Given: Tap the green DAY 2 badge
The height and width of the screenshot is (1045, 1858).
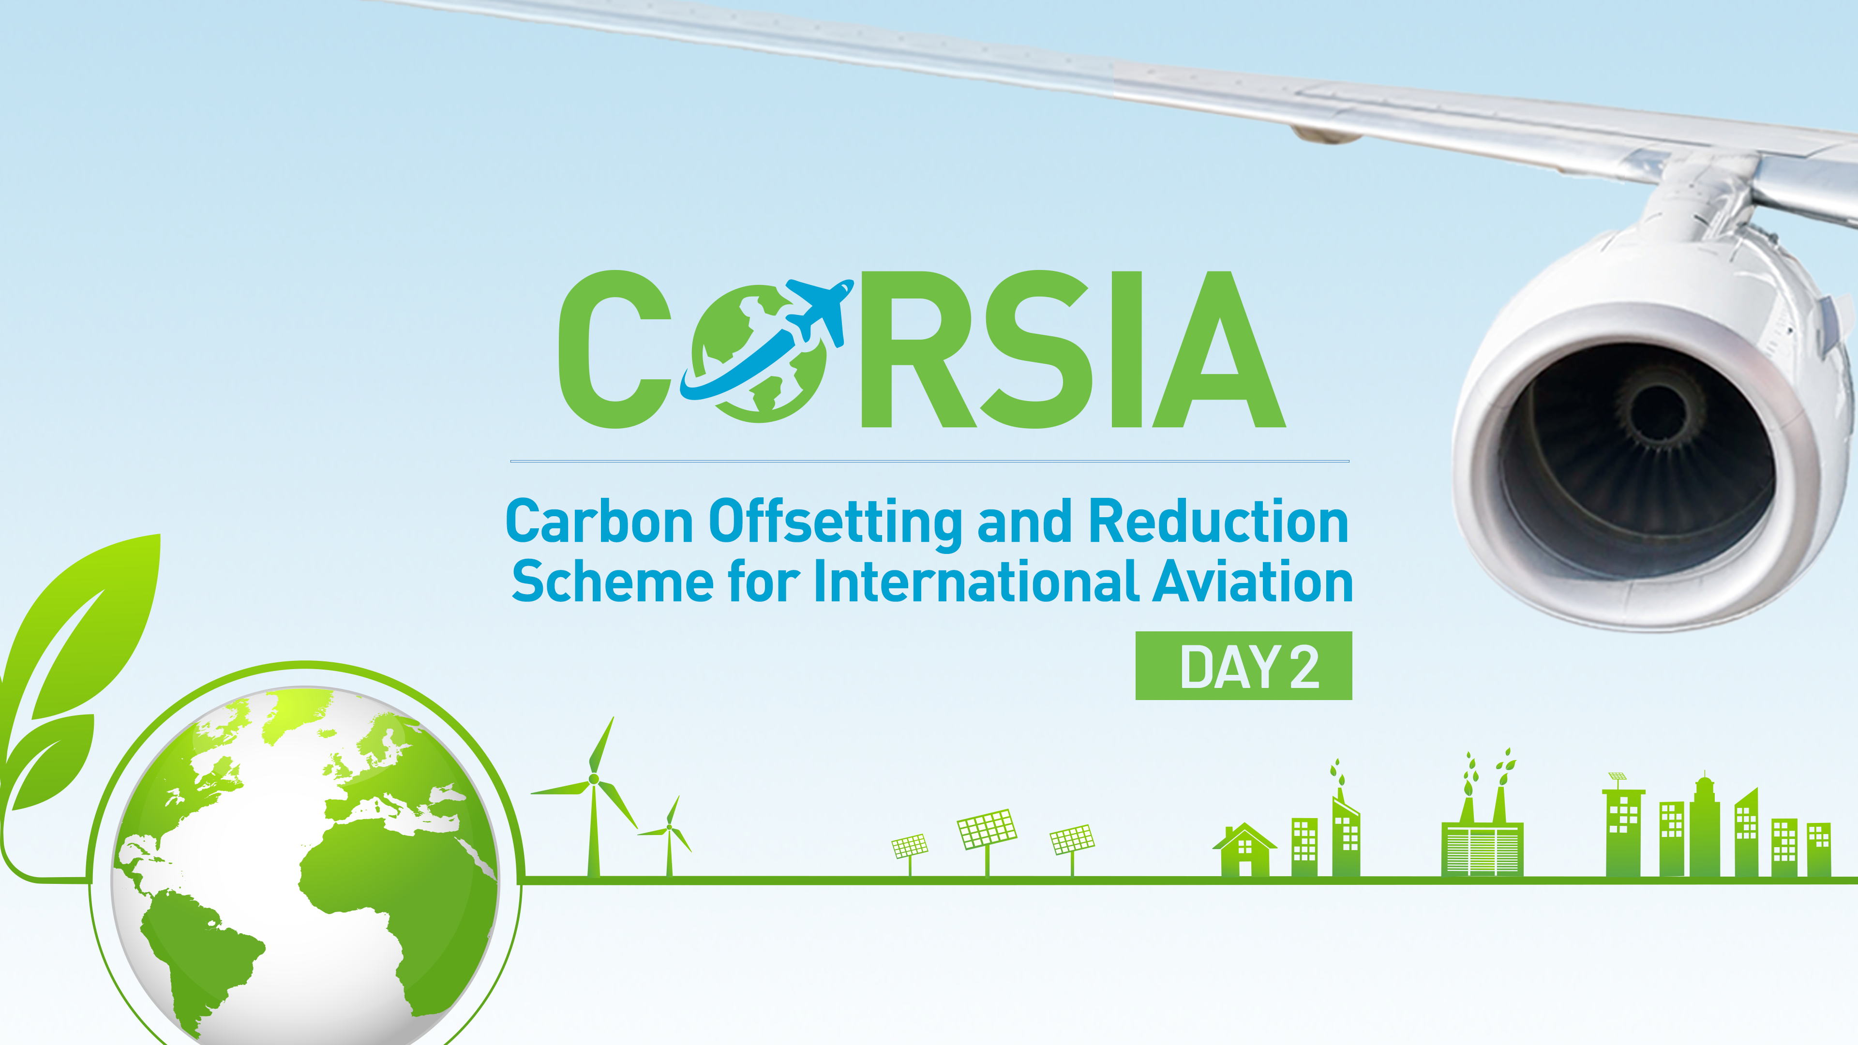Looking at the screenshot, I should click(x=1244, y=666).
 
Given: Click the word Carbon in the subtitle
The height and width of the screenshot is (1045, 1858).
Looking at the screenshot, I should click(x=599, y=522).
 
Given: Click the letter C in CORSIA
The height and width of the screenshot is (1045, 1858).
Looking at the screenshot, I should click(x=613, y=350).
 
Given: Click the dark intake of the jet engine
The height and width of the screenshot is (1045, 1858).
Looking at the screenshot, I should click(x=1637, y=462).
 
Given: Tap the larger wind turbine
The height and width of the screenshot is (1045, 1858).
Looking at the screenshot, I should click(x=594, y=793).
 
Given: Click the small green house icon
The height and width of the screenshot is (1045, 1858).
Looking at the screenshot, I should click(x=1244, y=851).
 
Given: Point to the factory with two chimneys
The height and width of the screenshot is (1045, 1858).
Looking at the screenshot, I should click(x=1482, y=836).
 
